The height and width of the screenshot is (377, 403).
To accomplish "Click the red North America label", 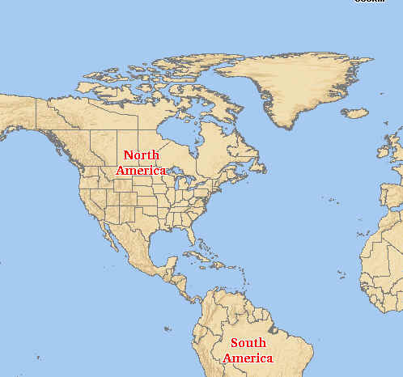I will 141,163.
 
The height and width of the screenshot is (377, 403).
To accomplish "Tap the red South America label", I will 248,350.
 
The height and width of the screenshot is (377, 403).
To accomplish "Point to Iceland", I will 354,113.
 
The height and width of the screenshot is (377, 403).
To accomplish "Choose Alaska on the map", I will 24,113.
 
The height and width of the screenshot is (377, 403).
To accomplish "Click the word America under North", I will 141,171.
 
